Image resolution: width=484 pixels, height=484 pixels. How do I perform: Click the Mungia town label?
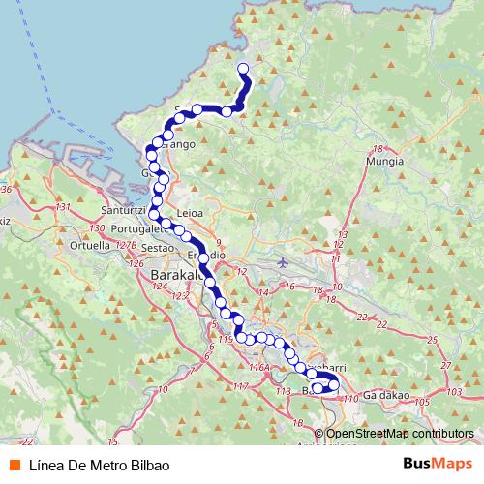coord(384,164)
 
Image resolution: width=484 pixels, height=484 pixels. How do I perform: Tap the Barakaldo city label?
coord(175,276)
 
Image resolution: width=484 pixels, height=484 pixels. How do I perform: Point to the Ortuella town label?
coord(89,245)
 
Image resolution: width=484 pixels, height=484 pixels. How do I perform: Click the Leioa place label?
coord(191,214)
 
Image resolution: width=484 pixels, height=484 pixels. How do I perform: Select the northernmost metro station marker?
coord(243,68)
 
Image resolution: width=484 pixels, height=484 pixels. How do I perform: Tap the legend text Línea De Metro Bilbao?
coord(92,464)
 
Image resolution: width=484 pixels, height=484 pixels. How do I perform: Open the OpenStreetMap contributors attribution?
coord(399,434)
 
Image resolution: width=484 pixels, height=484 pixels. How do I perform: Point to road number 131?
coord(64,207)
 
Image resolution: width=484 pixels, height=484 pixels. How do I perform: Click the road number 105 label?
coord(422,401)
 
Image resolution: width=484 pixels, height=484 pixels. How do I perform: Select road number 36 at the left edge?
coord(6,189)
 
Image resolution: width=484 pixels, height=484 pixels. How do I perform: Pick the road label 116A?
coord(257,368)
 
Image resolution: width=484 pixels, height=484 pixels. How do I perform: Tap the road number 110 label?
coord(350,398)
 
